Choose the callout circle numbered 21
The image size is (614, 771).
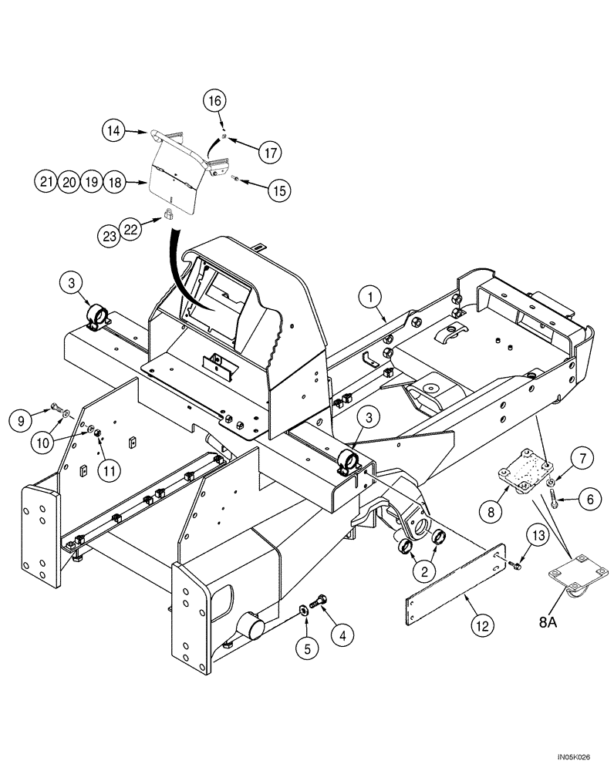click(x=46, y=182)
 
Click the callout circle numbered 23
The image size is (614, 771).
click(x=110, y=235)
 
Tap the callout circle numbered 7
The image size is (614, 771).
click(x=580, y=460)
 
